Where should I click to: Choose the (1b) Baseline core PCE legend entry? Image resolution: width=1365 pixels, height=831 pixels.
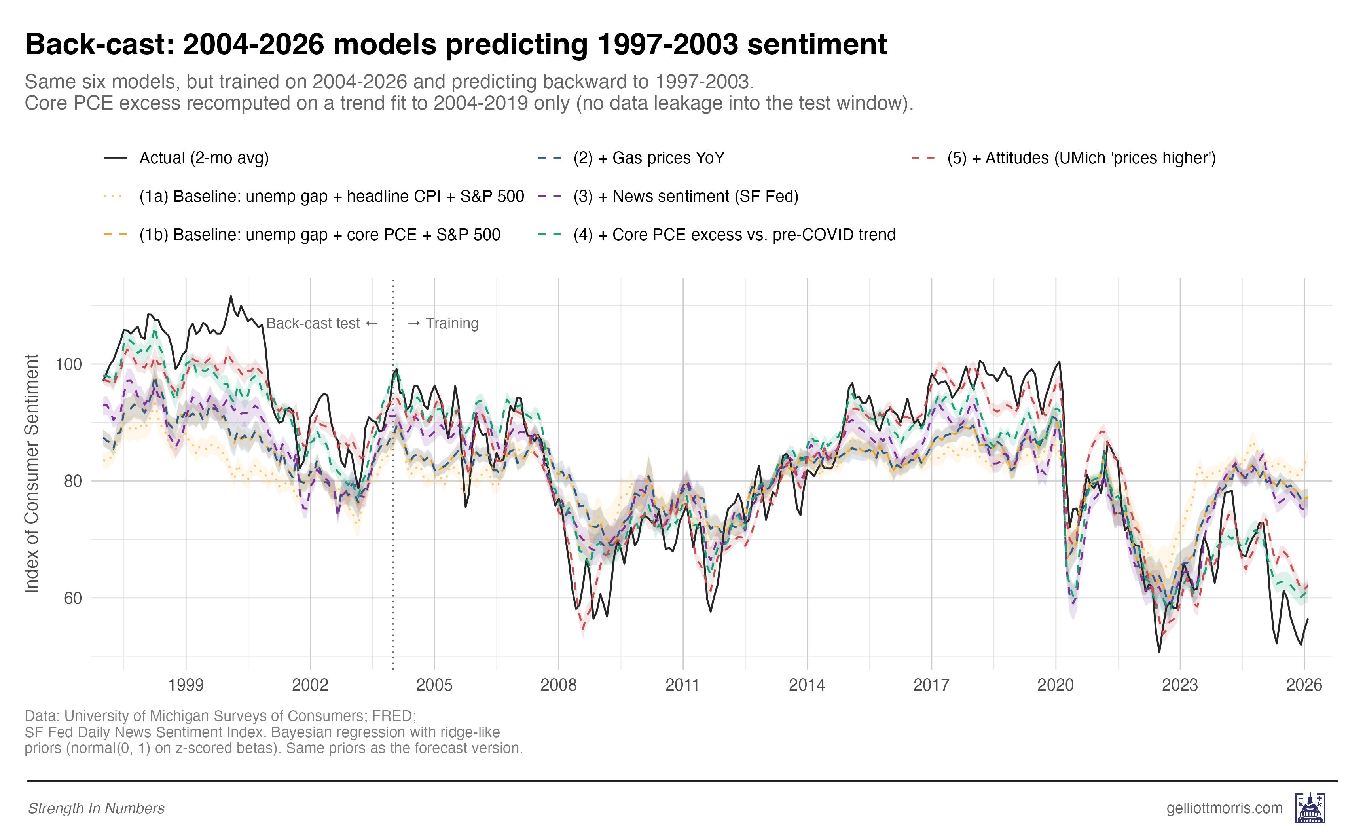[319, 235]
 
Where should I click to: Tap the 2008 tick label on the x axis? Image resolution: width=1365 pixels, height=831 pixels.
[558, 685]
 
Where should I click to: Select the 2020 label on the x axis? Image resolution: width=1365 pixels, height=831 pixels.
[1055, 685]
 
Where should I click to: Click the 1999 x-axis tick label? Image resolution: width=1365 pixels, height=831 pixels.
[186, 685]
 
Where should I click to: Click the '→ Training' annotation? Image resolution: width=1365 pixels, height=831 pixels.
[443, 324]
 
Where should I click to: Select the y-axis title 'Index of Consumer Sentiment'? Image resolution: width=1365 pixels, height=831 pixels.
[32, 474]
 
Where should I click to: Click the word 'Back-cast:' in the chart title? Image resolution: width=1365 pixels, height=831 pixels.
[100, 44]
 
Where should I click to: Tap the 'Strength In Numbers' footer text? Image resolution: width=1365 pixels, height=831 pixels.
[96, 809]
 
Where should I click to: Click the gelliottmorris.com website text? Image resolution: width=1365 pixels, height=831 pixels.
[1224, 808]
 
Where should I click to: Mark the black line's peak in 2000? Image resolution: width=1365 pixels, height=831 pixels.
[231, 296]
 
